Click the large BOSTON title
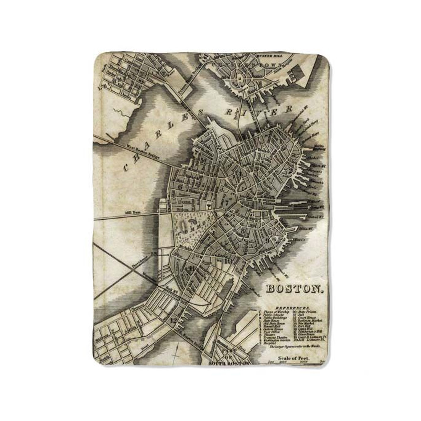pyautogui.click(x=295, y=289)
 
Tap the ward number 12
pyautogui.click(x=174, y=320)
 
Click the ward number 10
pyautogui.click(x=227, y=261)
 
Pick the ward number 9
pyautogui.click(x=267, y=240)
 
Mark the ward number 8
pyautogui.click(x=243, y=230)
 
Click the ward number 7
pyautogui.click(x=227, y=201)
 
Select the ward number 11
pyautogui.click(x=192, y=268)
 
